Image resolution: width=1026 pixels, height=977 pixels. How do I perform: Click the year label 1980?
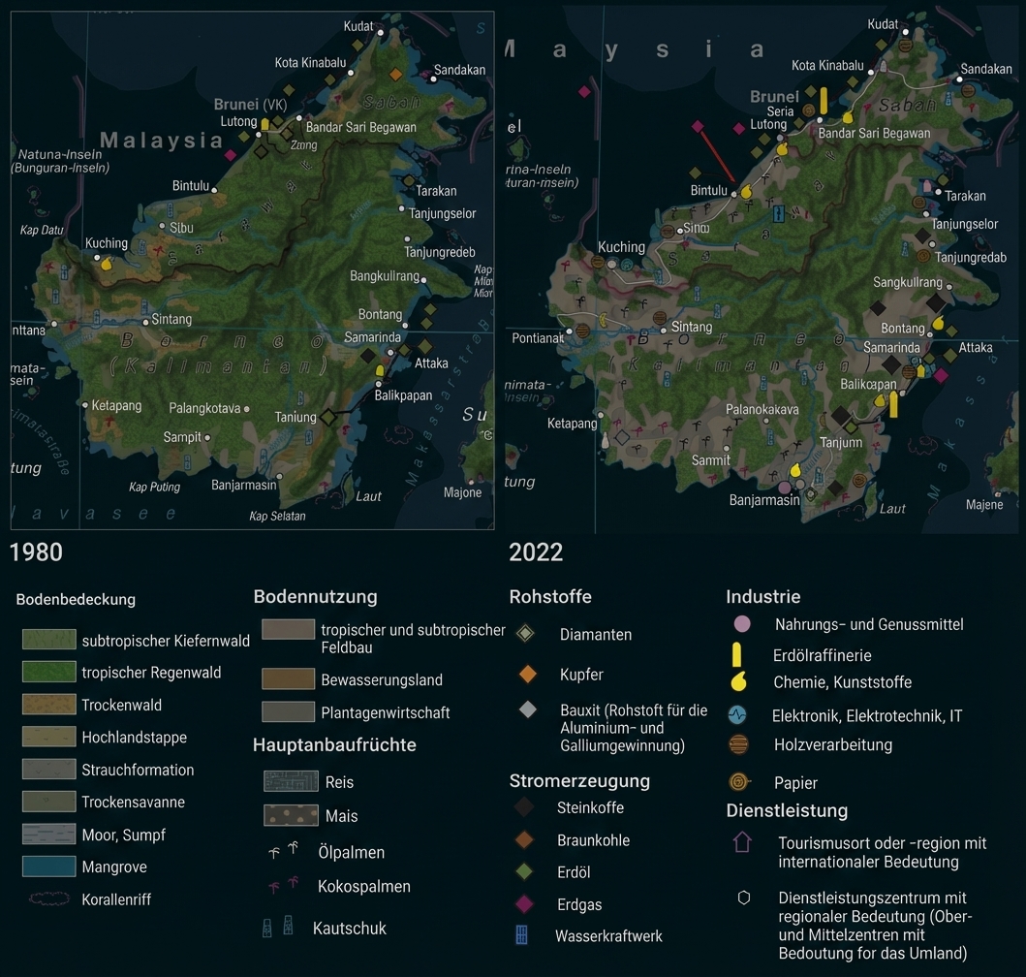point(36,552)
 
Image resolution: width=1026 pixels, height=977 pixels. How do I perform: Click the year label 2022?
point(536,552)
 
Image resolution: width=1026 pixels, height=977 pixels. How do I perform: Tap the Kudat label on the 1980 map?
point(358,26)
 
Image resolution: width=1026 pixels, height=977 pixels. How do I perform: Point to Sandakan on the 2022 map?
point(986,70)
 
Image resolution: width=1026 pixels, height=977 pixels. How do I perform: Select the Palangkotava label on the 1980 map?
point(204,408)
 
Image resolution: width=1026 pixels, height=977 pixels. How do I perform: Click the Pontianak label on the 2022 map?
point(538,338)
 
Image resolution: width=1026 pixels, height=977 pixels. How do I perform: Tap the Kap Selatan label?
point(277,516)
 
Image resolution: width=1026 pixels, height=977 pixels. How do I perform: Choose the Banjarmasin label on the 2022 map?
point(764,500)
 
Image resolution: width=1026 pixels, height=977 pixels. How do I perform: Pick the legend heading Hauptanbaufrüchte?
point(334,744)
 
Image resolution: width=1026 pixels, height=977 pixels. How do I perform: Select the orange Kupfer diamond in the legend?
point(527,674)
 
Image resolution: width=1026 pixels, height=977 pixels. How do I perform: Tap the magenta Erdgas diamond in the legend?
point(524,904)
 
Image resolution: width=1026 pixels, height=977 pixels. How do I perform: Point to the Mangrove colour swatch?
point(48,867)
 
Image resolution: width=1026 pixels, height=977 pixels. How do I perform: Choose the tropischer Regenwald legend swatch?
point(48,672)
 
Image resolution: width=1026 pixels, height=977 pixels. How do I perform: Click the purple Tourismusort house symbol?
point(742,841)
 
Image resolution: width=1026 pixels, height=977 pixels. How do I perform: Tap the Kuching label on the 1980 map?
point(107,243)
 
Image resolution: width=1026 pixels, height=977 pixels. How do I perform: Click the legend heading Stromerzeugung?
point(579,780)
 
